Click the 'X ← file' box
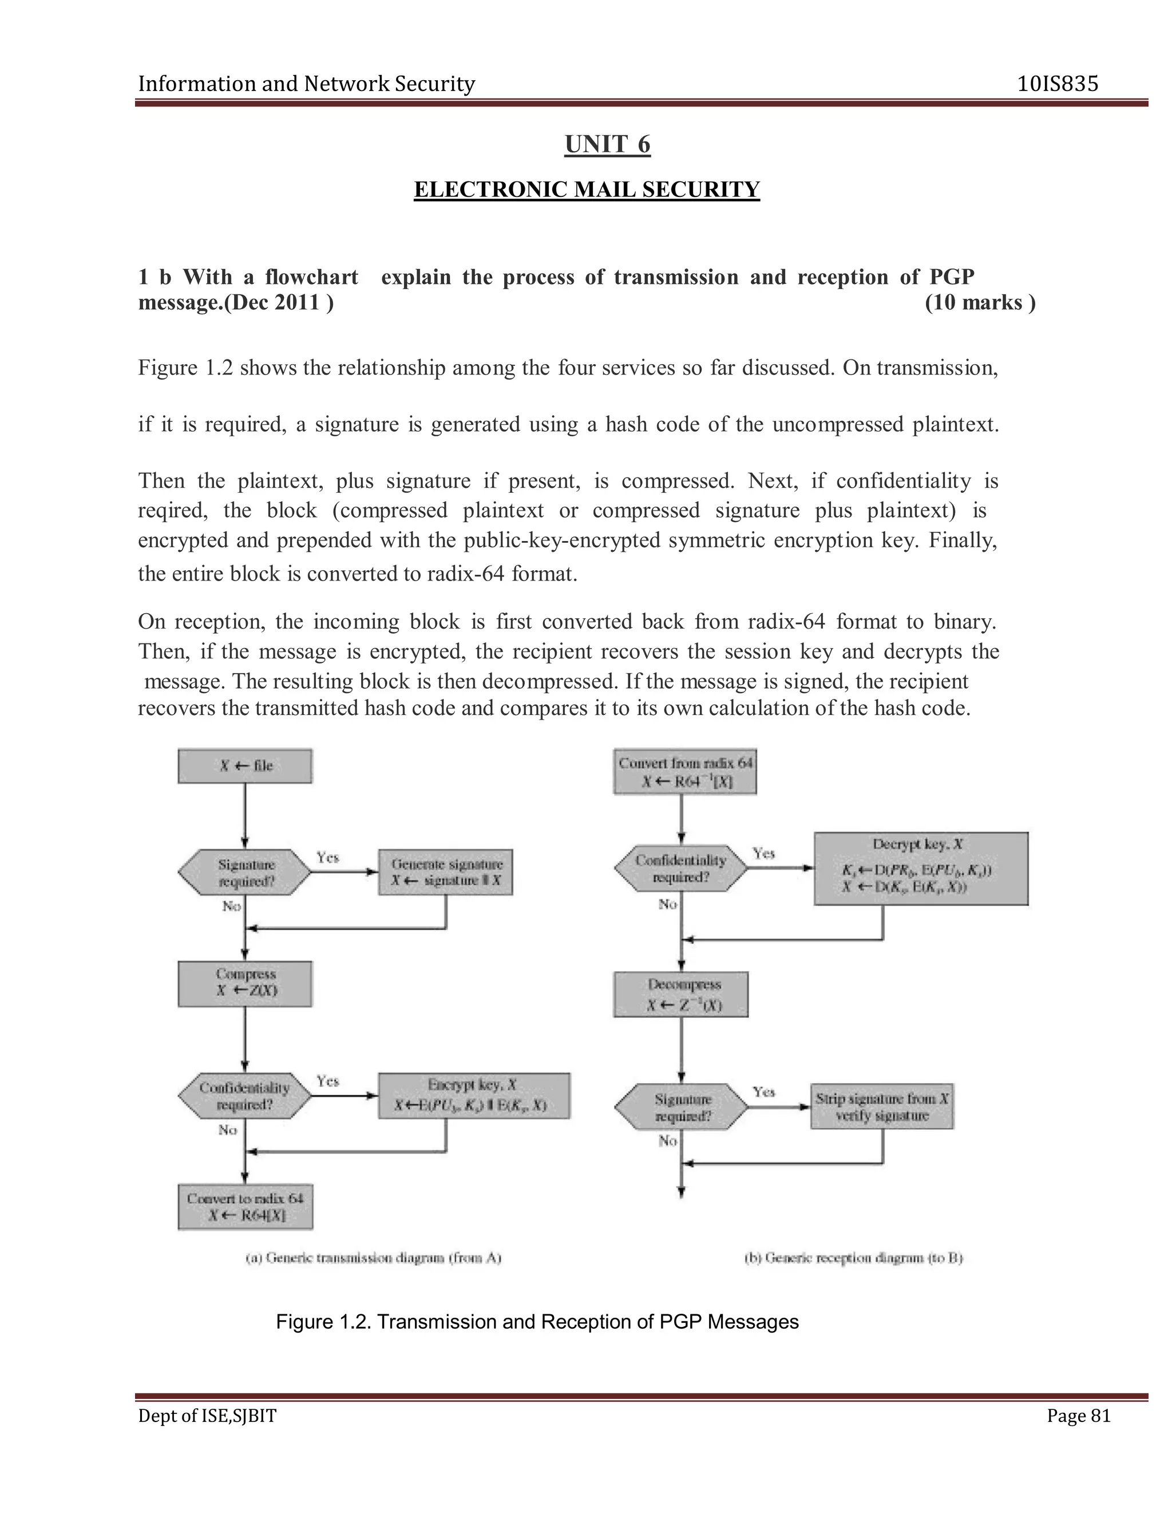pyautogui.click(x=244, y=765)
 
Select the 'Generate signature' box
pyautogui.click(x=445, y=872)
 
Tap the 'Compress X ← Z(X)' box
pyautogui.click(x=244, y=983)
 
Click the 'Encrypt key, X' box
pyautogui.click(x=473, y=1095)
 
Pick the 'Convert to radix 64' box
pyautogui.click(x=244, y=1207)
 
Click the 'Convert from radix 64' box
pyautogui.click(x=684, y=771)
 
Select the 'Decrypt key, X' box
pyautogui.click(x=920, y=868)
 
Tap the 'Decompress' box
pyautogui.click(x=680, y=995)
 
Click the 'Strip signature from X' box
pyautogui.click(x=882, y=1107)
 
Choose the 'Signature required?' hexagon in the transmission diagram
pyautogui.click(x=244, y=872)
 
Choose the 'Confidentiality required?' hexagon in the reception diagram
pyautogui.click(x=680, y=868)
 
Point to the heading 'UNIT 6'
pyautogui.click(x=608, y=144)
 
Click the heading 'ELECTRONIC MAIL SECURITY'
pyautogui.click(x=587, y=189)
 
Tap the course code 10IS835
pyautogui.click(x=1058, y=84)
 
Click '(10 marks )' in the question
pyautogui.click(x=980, y=303)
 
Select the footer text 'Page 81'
pyautogui.click(x=1078, y=1416)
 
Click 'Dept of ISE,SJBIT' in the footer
pyautogui.click(x=207, y=1416)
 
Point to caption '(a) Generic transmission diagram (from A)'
pyautogui.click(x=374, y=1258)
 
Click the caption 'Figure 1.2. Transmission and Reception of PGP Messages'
pyautogui.click(x=537, y=1322)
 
